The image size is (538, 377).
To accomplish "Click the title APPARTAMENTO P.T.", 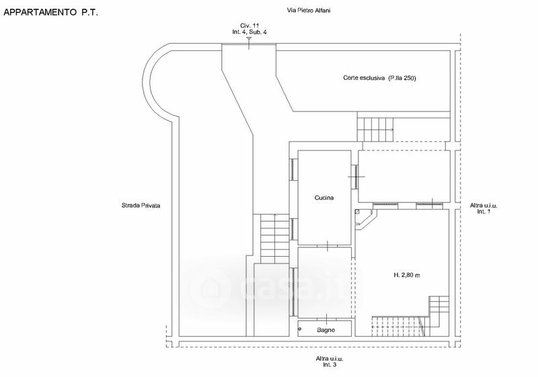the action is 51,12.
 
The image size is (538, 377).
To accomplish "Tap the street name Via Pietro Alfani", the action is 309,10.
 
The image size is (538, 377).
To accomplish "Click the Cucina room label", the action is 324,198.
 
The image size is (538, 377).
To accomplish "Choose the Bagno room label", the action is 325,330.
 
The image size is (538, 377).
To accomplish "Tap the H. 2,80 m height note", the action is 407,275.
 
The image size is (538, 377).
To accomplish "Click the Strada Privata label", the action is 141,206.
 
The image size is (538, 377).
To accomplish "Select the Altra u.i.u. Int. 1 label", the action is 484,208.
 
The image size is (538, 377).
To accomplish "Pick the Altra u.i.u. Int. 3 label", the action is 330,362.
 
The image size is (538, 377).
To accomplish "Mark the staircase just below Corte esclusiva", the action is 375,129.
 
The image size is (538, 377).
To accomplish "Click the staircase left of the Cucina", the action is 274,239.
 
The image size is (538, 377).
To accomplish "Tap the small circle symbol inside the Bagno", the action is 300,329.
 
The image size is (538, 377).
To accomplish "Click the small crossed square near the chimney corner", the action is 358,212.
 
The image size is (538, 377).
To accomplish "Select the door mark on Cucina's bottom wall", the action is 328,246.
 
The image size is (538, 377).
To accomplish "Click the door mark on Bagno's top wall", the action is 326,319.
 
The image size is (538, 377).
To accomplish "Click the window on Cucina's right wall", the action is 355,177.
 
